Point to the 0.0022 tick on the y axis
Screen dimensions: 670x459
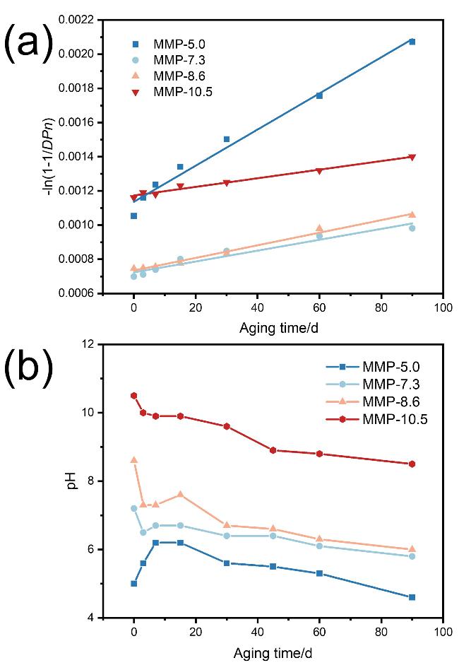81,20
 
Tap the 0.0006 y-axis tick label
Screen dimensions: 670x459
81,293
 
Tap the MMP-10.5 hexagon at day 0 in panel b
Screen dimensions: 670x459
133,396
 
